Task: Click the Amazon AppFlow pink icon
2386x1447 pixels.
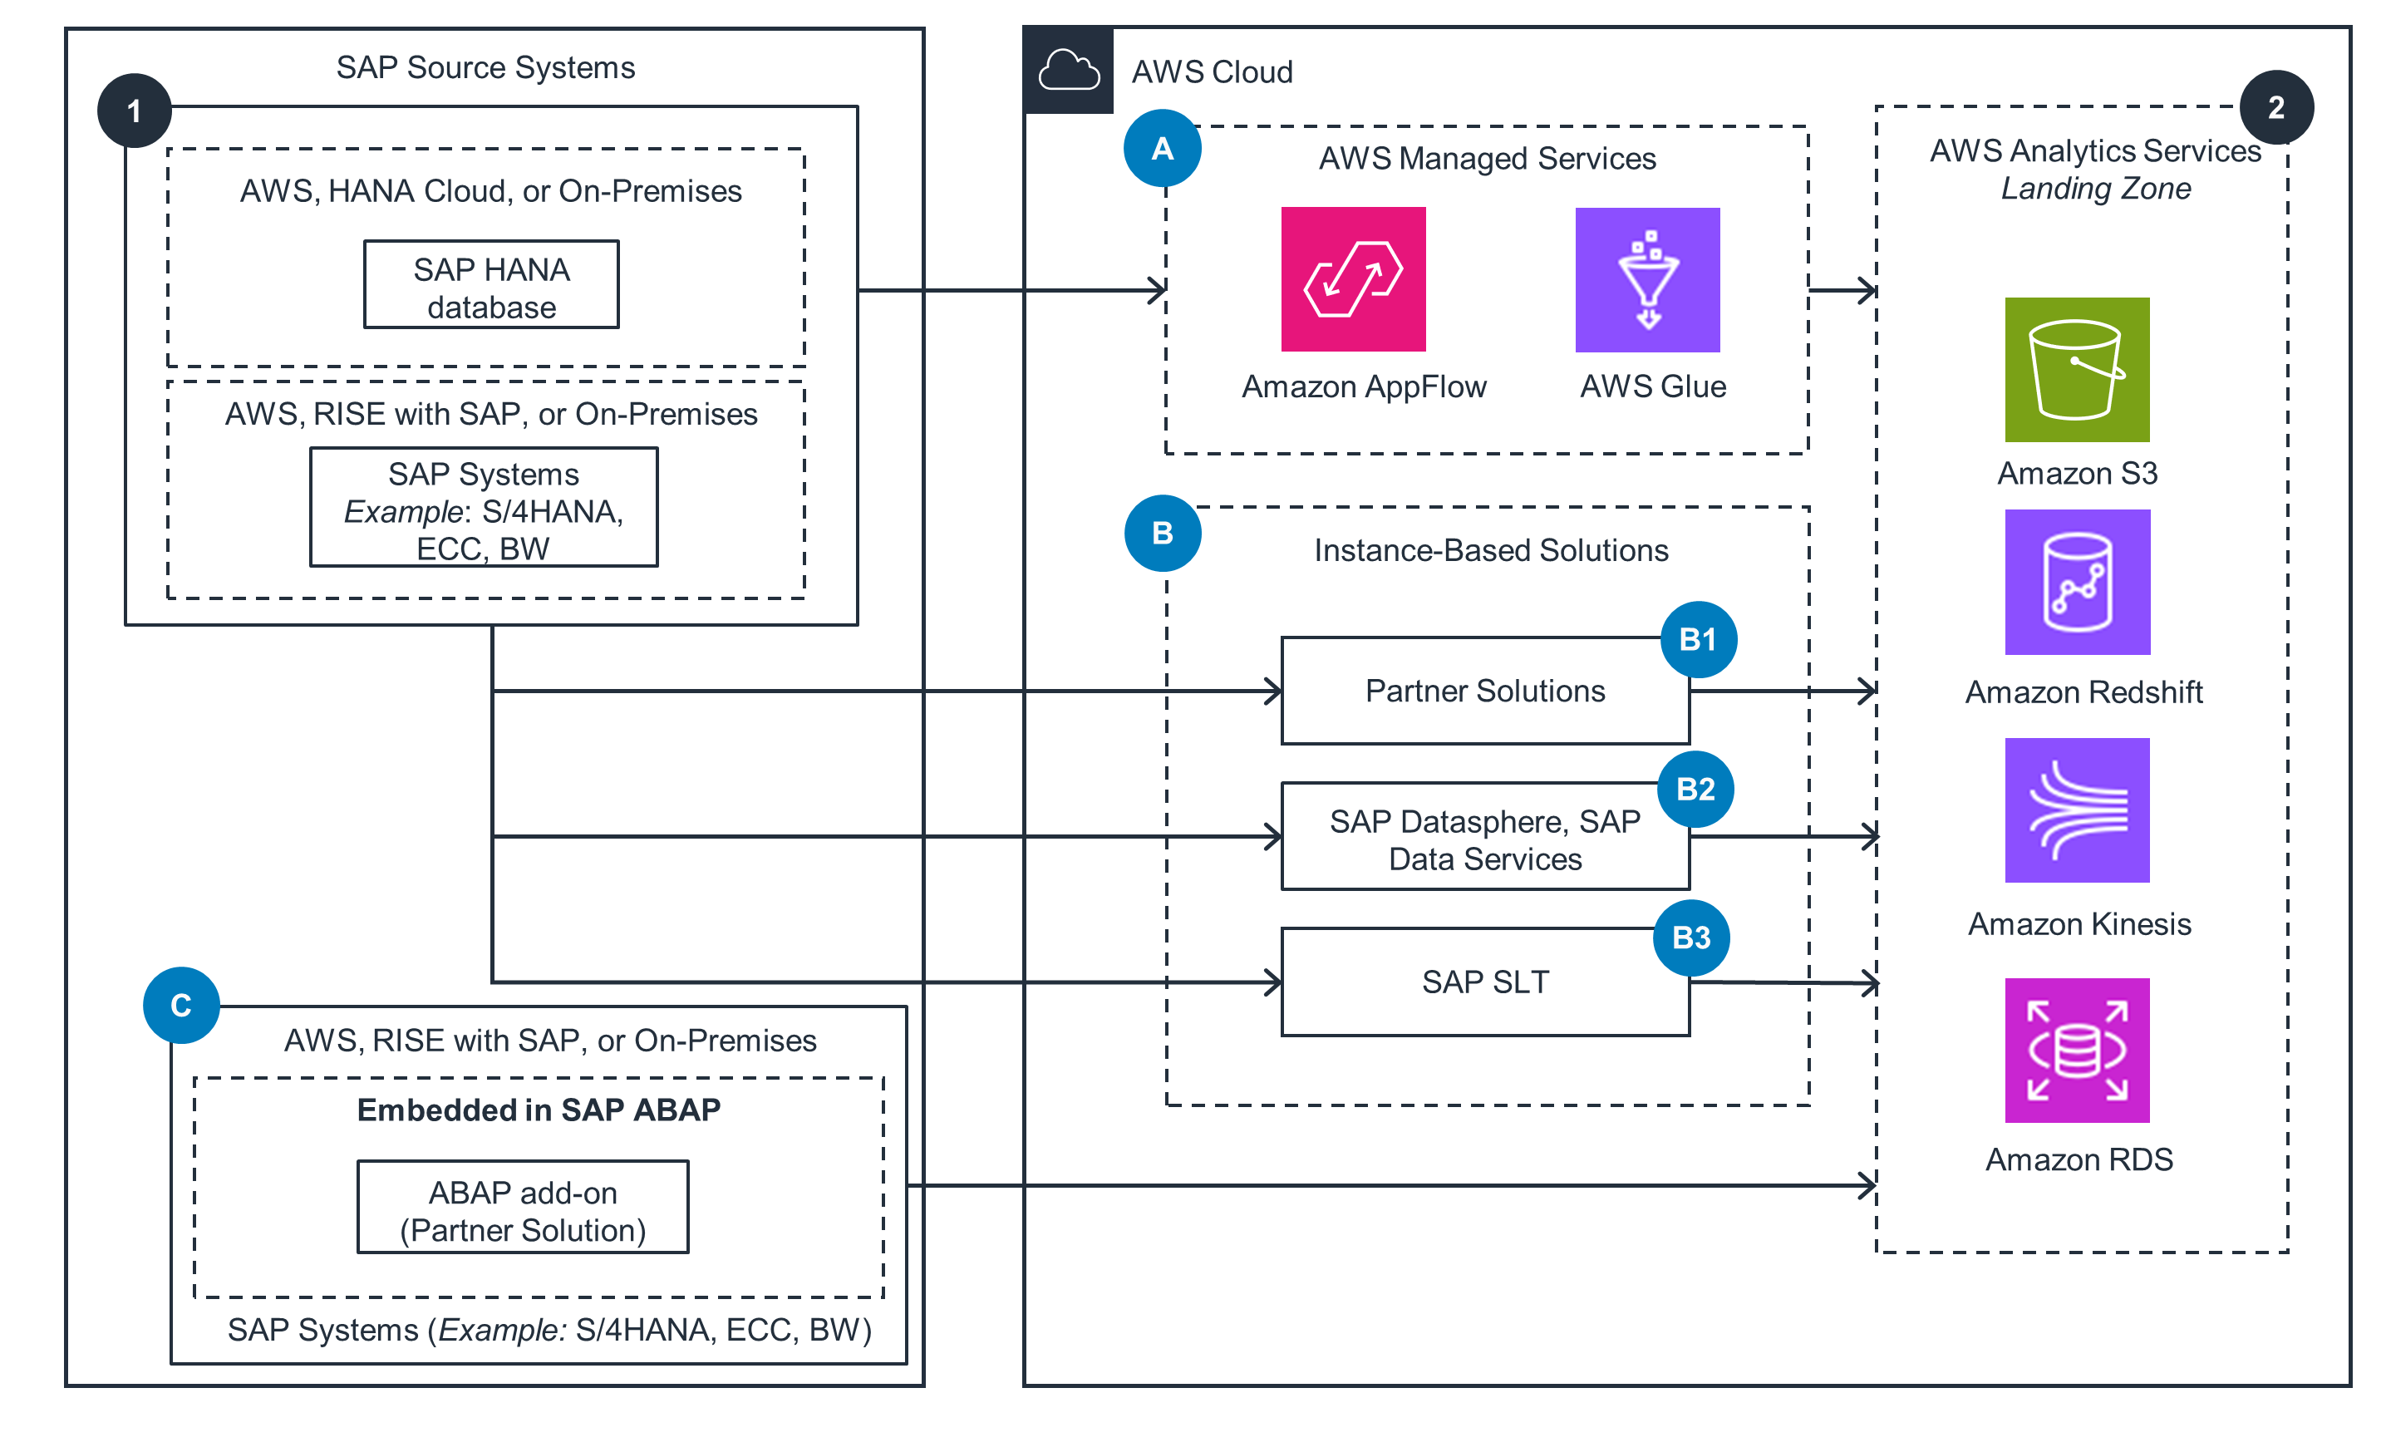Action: [x=1353, y=279]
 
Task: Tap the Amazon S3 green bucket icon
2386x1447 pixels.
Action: [x=2076, y=369]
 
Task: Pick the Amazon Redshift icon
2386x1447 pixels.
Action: [x=2076, y=581]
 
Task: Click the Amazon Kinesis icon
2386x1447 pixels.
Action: [x=2076, y=810]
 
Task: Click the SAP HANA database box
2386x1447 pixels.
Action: [x=491, y=285]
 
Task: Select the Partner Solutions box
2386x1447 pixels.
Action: [x=1483, y=691]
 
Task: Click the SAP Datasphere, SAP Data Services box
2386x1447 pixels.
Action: [x=1483, y=838]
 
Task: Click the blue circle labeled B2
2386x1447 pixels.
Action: [x=1695, y=789]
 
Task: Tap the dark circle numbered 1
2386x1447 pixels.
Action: [x=135, y=111]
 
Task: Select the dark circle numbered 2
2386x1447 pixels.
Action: [x=2275, y=106]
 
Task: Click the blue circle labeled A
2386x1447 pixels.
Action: [x=1162, y=148]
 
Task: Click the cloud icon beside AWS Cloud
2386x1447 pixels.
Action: [x=1068, y=71]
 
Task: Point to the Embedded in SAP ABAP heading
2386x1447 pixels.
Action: [x=539, y=1109]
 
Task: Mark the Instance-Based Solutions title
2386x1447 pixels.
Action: [x=1490, y=550]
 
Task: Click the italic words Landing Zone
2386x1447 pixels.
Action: [x=2094, y=188]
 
